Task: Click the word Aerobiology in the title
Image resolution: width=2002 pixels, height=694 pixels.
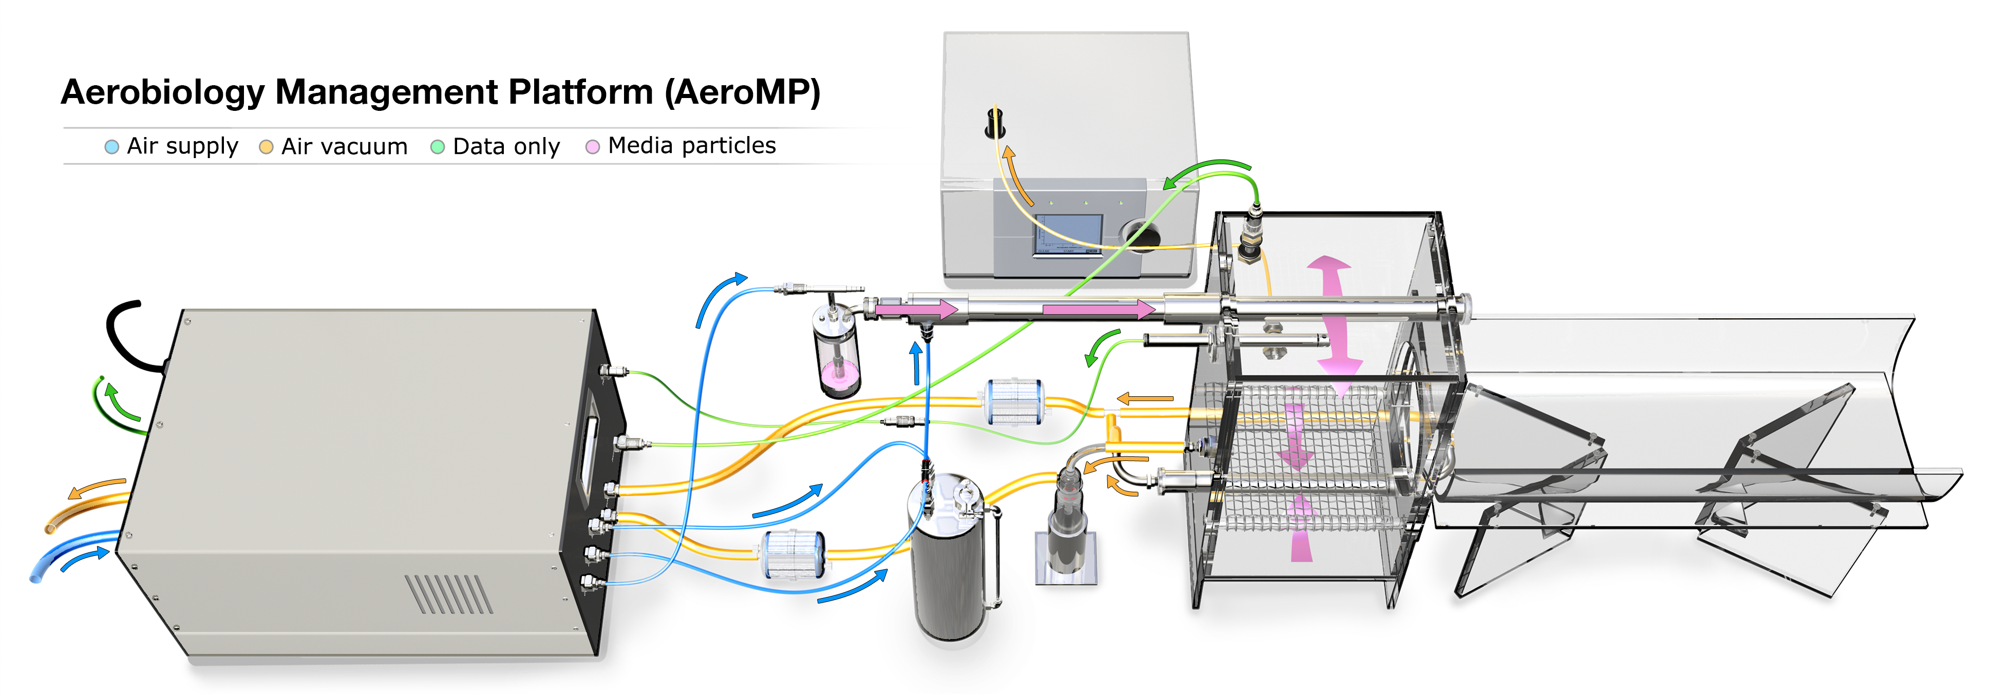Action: point(163,92)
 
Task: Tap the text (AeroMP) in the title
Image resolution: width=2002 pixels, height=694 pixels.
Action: point(742,92)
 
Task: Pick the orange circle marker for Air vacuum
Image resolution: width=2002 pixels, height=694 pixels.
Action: point(266,147)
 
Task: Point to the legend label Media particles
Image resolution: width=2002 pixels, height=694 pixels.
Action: point(692,145)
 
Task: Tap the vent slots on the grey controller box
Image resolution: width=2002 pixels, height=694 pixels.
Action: point(449,594)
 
